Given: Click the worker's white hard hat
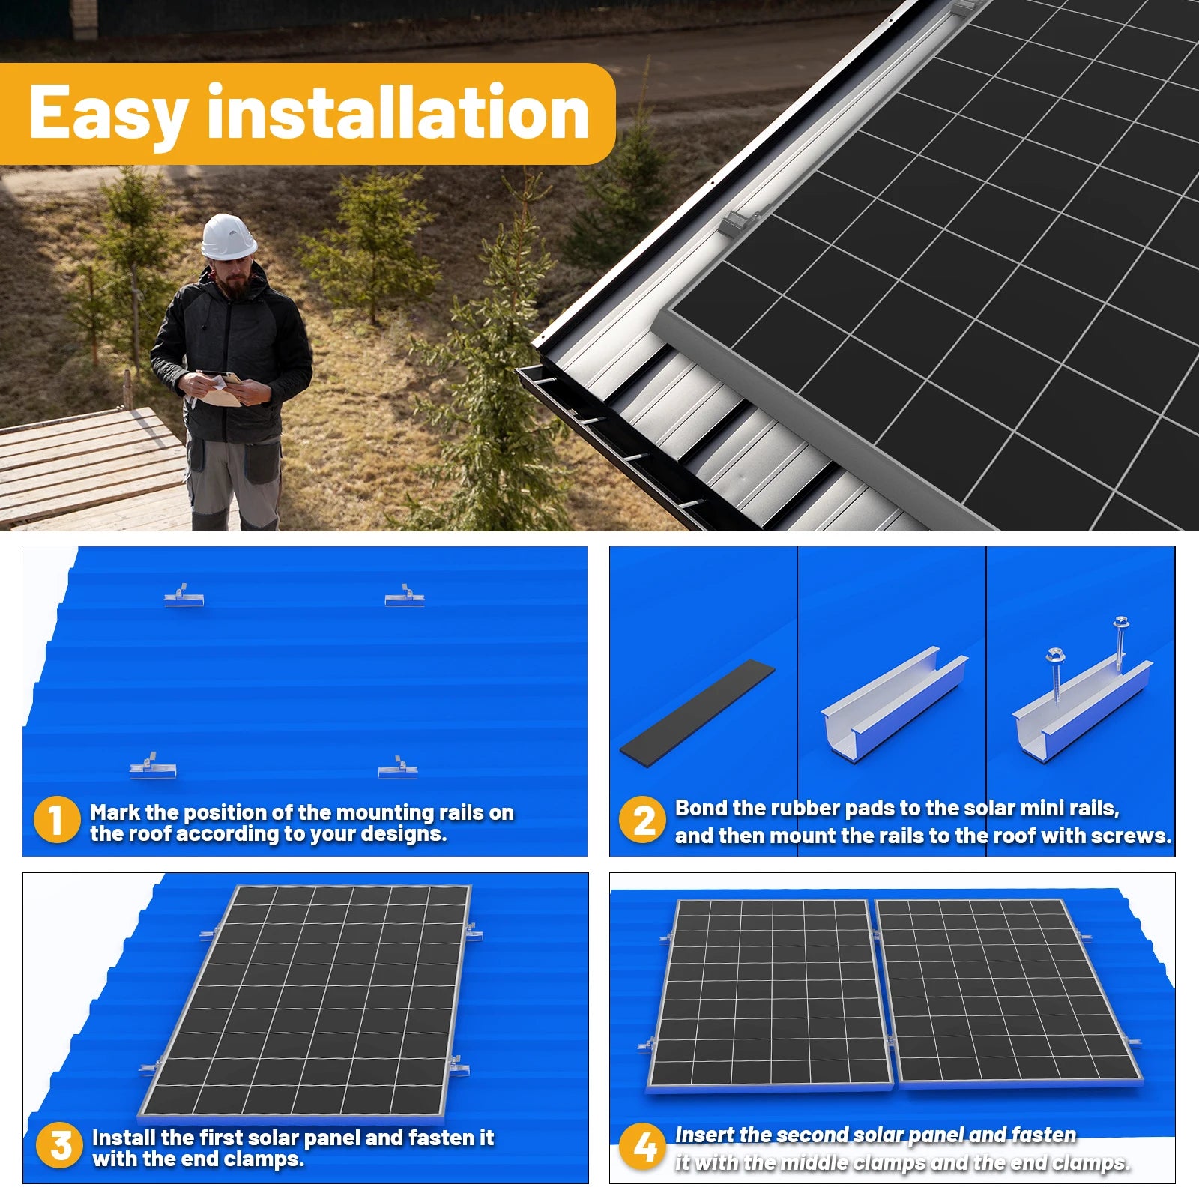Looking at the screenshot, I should point(228,237).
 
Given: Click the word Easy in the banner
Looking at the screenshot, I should point(108,114).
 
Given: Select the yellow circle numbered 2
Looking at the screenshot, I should point(642,819).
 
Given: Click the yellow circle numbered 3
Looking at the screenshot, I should point(59,1145).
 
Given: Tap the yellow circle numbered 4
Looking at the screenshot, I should point(643,1147).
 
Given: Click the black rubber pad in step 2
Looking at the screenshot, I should point(698,709).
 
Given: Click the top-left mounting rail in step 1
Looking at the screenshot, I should point(184,597).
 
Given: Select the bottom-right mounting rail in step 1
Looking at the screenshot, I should point(398,769).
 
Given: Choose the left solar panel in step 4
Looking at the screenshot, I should point(770,993).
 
